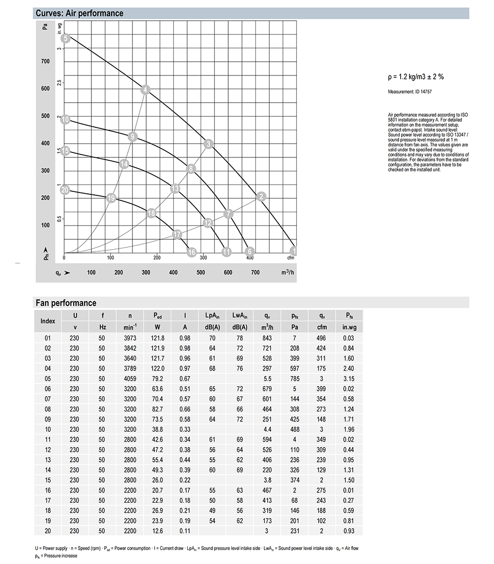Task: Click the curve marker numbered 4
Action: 145,90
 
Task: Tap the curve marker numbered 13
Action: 175,188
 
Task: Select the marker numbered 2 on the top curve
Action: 262,197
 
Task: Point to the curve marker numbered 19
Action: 111,198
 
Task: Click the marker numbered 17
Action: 177,234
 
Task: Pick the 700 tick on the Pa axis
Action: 45,62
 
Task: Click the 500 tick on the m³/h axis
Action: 201,273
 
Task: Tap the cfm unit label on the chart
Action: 290,258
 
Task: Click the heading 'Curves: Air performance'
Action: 80,13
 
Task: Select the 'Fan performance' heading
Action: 66,303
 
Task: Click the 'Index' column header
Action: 48,321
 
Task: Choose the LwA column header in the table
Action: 240,315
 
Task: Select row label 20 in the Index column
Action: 48,530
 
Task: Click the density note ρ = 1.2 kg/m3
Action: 415,77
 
